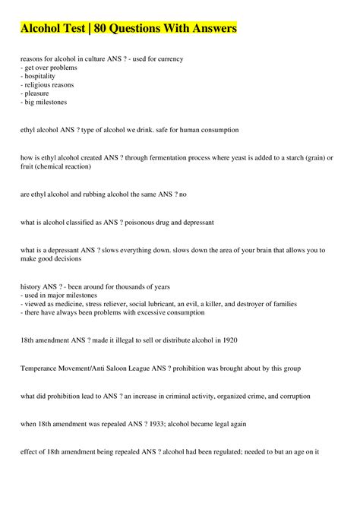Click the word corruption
coord(270,395)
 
